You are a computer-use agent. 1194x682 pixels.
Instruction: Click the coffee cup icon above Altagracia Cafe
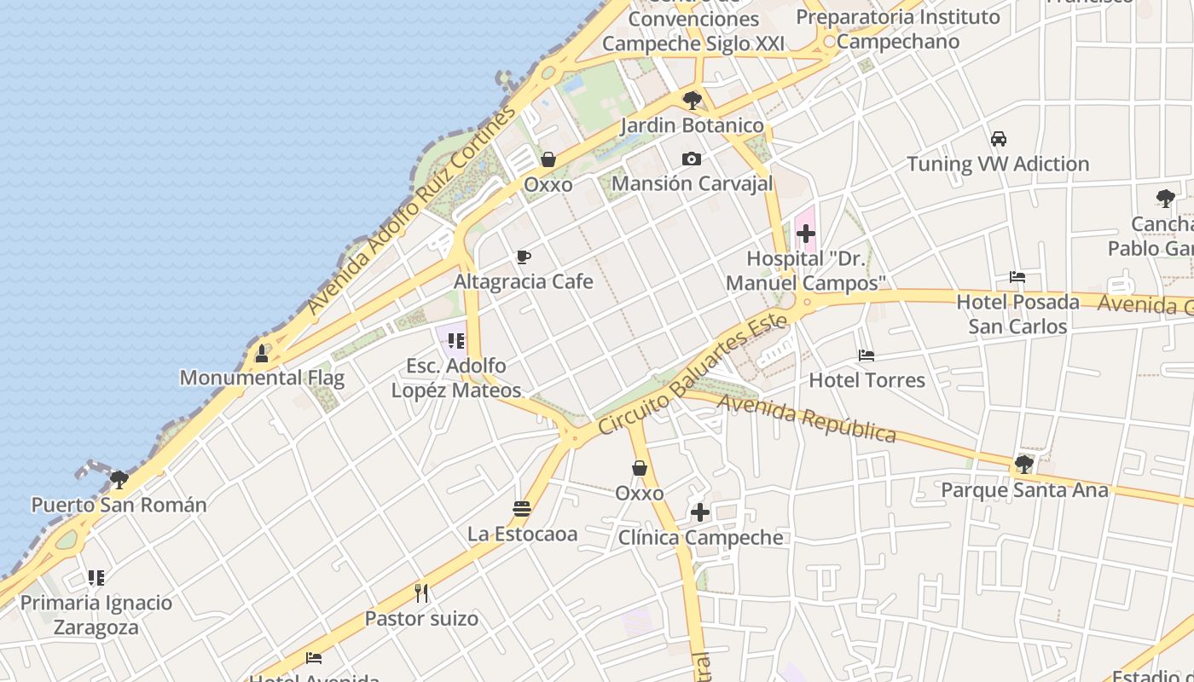coord(524,257)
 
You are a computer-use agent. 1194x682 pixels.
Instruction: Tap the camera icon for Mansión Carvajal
coord(692,159)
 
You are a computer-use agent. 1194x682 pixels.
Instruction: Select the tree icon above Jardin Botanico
coord(693,101)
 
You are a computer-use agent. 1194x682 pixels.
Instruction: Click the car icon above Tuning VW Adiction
coord(998,138)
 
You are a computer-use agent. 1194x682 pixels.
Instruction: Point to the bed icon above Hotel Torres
coord(867,355)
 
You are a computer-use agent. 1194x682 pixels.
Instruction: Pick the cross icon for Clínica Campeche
coord(700,512)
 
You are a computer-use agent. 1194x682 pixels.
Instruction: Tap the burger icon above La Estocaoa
coord(522,509)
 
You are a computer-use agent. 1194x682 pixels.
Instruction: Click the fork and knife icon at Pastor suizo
coord(421,592)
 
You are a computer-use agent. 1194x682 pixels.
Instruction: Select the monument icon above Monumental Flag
coord(262,352)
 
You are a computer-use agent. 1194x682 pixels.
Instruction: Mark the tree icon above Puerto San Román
coord(119,479)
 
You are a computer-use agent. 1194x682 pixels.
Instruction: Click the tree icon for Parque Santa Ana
coord(1024,465)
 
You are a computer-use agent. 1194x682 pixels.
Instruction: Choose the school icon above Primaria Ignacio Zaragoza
coord(96,578)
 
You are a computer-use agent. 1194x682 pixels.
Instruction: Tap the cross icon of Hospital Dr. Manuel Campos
coord(806,233)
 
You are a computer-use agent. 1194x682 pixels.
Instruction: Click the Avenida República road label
coord(807,419)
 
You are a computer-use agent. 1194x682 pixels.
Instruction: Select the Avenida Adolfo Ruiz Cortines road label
coord(411,210)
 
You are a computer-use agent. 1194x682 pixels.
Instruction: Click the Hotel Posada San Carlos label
coord(1017,314)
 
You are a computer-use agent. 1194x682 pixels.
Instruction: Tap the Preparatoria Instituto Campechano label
coord(898,29)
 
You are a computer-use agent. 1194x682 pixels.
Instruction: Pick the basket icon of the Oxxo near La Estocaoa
coord(640,468)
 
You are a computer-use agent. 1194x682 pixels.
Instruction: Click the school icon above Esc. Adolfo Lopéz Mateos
coord(456,341)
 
